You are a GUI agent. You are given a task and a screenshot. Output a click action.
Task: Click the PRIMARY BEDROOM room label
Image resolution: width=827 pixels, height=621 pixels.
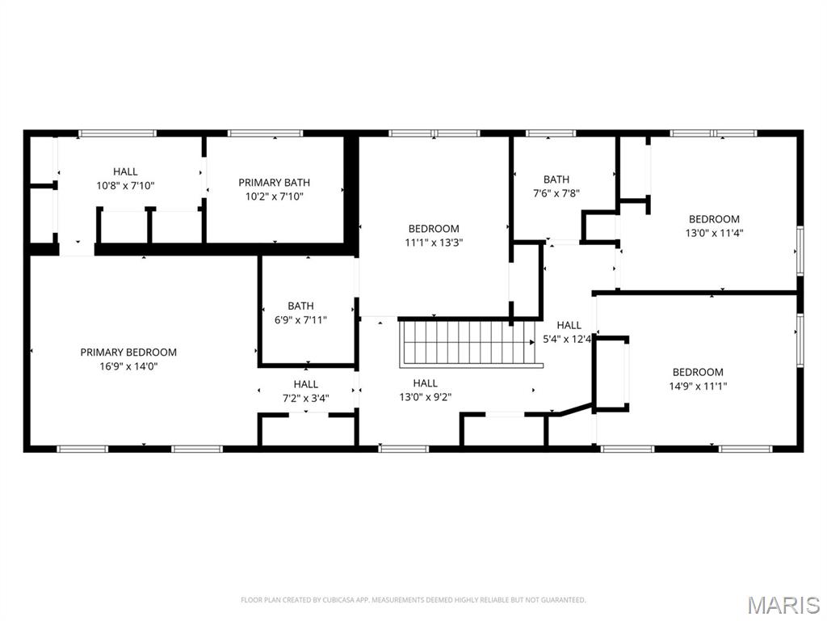128,352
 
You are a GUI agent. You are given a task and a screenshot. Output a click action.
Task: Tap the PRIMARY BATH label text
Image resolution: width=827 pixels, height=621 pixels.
274,183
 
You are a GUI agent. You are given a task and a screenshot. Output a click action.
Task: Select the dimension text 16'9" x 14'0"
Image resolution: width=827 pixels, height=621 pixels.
128,365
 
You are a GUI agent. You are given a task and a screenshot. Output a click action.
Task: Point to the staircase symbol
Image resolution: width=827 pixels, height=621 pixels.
468,343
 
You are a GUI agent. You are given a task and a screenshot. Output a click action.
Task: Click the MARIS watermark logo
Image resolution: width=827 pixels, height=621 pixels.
783,604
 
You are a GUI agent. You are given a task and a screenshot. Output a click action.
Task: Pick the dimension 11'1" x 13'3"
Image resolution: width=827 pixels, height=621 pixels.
434,242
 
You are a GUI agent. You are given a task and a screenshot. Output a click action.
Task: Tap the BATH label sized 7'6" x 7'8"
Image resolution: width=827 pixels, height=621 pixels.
556,180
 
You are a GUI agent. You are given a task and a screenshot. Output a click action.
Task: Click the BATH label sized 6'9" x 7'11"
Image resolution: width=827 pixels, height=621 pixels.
300,306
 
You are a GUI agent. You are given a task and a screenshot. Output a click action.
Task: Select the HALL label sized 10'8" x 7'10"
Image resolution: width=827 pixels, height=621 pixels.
125,171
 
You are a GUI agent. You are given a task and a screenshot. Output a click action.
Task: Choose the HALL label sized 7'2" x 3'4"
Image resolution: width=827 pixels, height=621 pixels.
306,384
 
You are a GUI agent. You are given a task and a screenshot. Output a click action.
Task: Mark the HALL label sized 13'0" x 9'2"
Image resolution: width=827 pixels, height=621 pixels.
426,383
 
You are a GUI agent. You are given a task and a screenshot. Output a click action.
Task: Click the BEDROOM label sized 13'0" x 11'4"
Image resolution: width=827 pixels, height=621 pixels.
714,218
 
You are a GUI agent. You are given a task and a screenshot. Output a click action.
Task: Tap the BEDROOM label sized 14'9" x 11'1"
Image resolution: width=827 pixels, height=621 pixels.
698,372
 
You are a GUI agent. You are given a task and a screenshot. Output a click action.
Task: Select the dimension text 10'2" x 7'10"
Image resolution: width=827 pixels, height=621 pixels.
274,196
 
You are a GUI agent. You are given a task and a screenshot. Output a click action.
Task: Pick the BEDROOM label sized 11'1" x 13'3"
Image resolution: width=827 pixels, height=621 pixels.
434,229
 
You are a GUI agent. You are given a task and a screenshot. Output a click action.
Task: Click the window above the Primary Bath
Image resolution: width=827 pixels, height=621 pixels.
265,133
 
